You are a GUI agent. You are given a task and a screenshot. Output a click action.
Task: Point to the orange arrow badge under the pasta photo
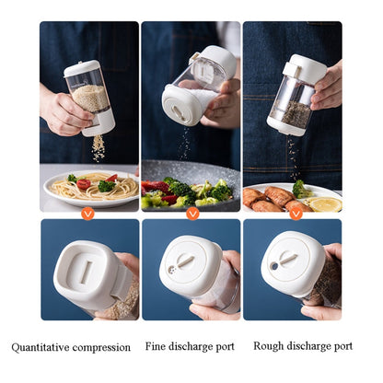[87, 213]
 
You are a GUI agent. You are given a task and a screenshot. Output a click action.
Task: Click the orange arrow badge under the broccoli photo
[192, 213]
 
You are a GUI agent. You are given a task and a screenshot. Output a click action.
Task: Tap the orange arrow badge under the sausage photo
[296, 213]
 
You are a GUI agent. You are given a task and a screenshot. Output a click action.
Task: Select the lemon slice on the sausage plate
[323, 203]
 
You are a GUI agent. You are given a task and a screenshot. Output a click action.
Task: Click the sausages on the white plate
[266, 196]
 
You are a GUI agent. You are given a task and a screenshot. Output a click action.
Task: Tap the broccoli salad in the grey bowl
[189, 191]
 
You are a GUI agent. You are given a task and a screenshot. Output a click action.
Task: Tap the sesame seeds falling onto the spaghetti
[99, 147]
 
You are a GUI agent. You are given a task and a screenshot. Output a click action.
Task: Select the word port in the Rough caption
[341, 347]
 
